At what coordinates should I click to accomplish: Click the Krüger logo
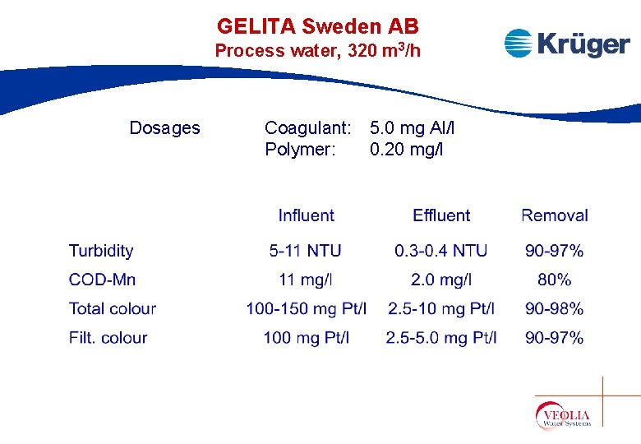pyautogui.click(x=566, y=44)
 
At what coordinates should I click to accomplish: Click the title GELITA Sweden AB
pyautogui.click(x=318, y=26)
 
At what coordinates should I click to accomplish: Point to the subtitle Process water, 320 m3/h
pyautogui.click(x=318, y=51)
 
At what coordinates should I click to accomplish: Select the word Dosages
pyautogui.click(x=164, y=127)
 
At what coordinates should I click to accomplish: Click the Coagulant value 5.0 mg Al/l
pyautogui.click(x=412, y=127)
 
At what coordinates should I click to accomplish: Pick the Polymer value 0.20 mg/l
pyautogui.click(x=406, y=150)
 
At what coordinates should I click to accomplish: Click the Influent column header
pyautogui.click(x=306, y=215)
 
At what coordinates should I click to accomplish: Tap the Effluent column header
pyautogui.click(x=441, y=215)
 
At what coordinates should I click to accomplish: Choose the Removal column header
pyautogui.click(x=555, y=215)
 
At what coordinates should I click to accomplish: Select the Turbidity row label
pyautogui.click(x=101, y=251)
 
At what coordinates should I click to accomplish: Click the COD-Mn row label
pyautogui.click(x=103, y=280)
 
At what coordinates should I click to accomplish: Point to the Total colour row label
pyautogui.click(x=113, y=309)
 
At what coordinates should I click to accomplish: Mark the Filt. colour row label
pyautogui.click(x=108, y=337)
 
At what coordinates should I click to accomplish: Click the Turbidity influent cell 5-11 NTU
pyautogui.click(x=306, y=251)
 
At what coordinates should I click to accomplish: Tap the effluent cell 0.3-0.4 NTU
pyautogui.click(x=441, y=251)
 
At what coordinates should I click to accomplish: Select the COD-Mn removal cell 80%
pyautogui.click(x=555, y=280)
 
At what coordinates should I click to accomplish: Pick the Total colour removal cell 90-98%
pyautogui.click(x=555, y=309)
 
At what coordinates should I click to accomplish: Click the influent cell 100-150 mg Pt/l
pyautogui.click(x=306, y=309)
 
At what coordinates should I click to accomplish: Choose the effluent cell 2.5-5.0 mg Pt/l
pyautogui.click(x=441, y=337)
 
